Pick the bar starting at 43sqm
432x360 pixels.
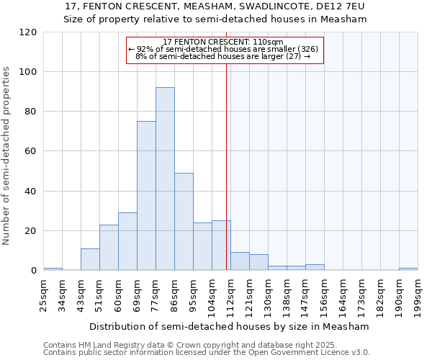pos(90,259)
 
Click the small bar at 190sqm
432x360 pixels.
pos(408,269)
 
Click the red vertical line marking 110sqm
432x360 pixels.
pos(227,166)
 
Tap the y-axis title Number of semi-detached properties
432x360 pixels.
pos(6,156)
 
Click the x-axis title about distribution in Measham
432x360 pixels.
pos(230,326)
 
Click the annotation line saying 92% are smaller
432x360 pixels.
pos(223,49)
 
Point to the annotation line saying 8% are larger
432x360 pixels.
pos(223,56)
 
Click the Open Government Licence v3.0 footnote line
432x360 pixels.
pos(207,352)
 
